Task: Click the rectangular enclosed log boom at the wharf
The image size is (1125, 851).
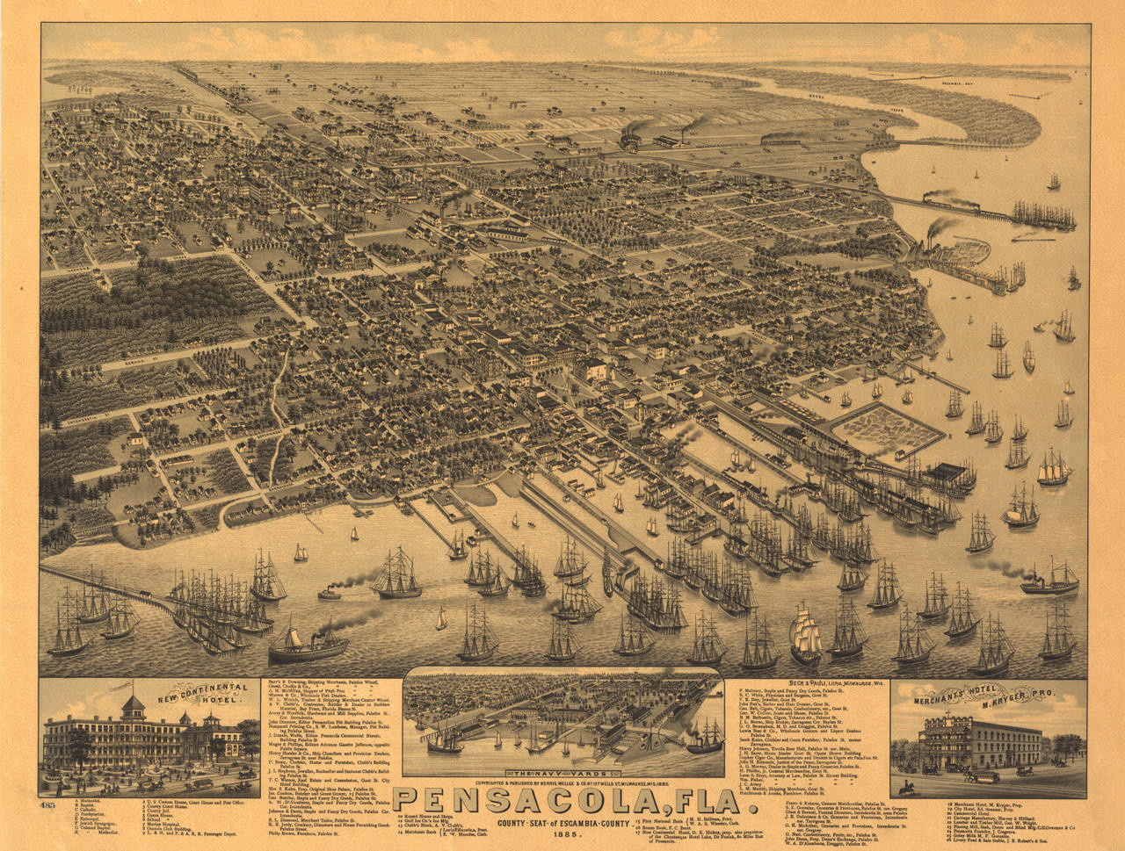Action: pyautogui.click(x=888, y=426)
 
